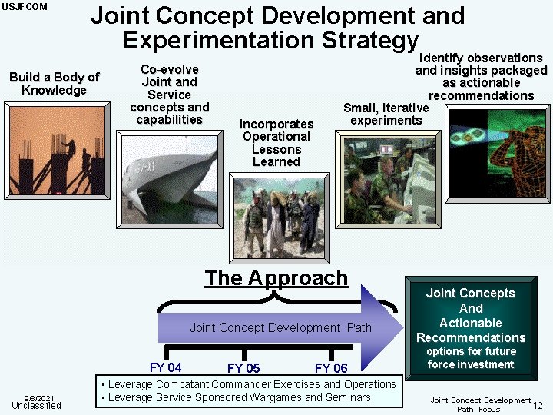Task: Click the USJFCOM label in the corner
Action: click(x=25, y=7)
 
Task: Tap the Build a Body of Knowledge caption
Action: click(x=54, y=84)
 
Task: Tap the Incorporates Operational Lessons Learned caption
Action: click(x=276, y=143)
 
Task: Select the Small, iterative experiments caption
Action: click(x=386, y=115)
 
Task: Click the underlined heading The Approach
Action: click(x=276, y=278)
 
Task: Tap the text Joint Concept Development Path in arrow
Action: click(x=280, y=328)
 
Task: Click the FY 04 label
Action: click(x=165, y=367)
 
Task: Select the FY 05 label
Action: click(x=243, y=368)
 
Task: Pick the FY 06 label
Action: click(x=331, y=368)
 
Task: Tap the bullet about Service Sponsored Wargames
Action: click(x=239, y=397)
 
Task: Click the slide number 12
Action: click(x=538, y=405)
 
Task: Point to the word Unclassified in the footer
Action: click(x=36, y=406)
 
